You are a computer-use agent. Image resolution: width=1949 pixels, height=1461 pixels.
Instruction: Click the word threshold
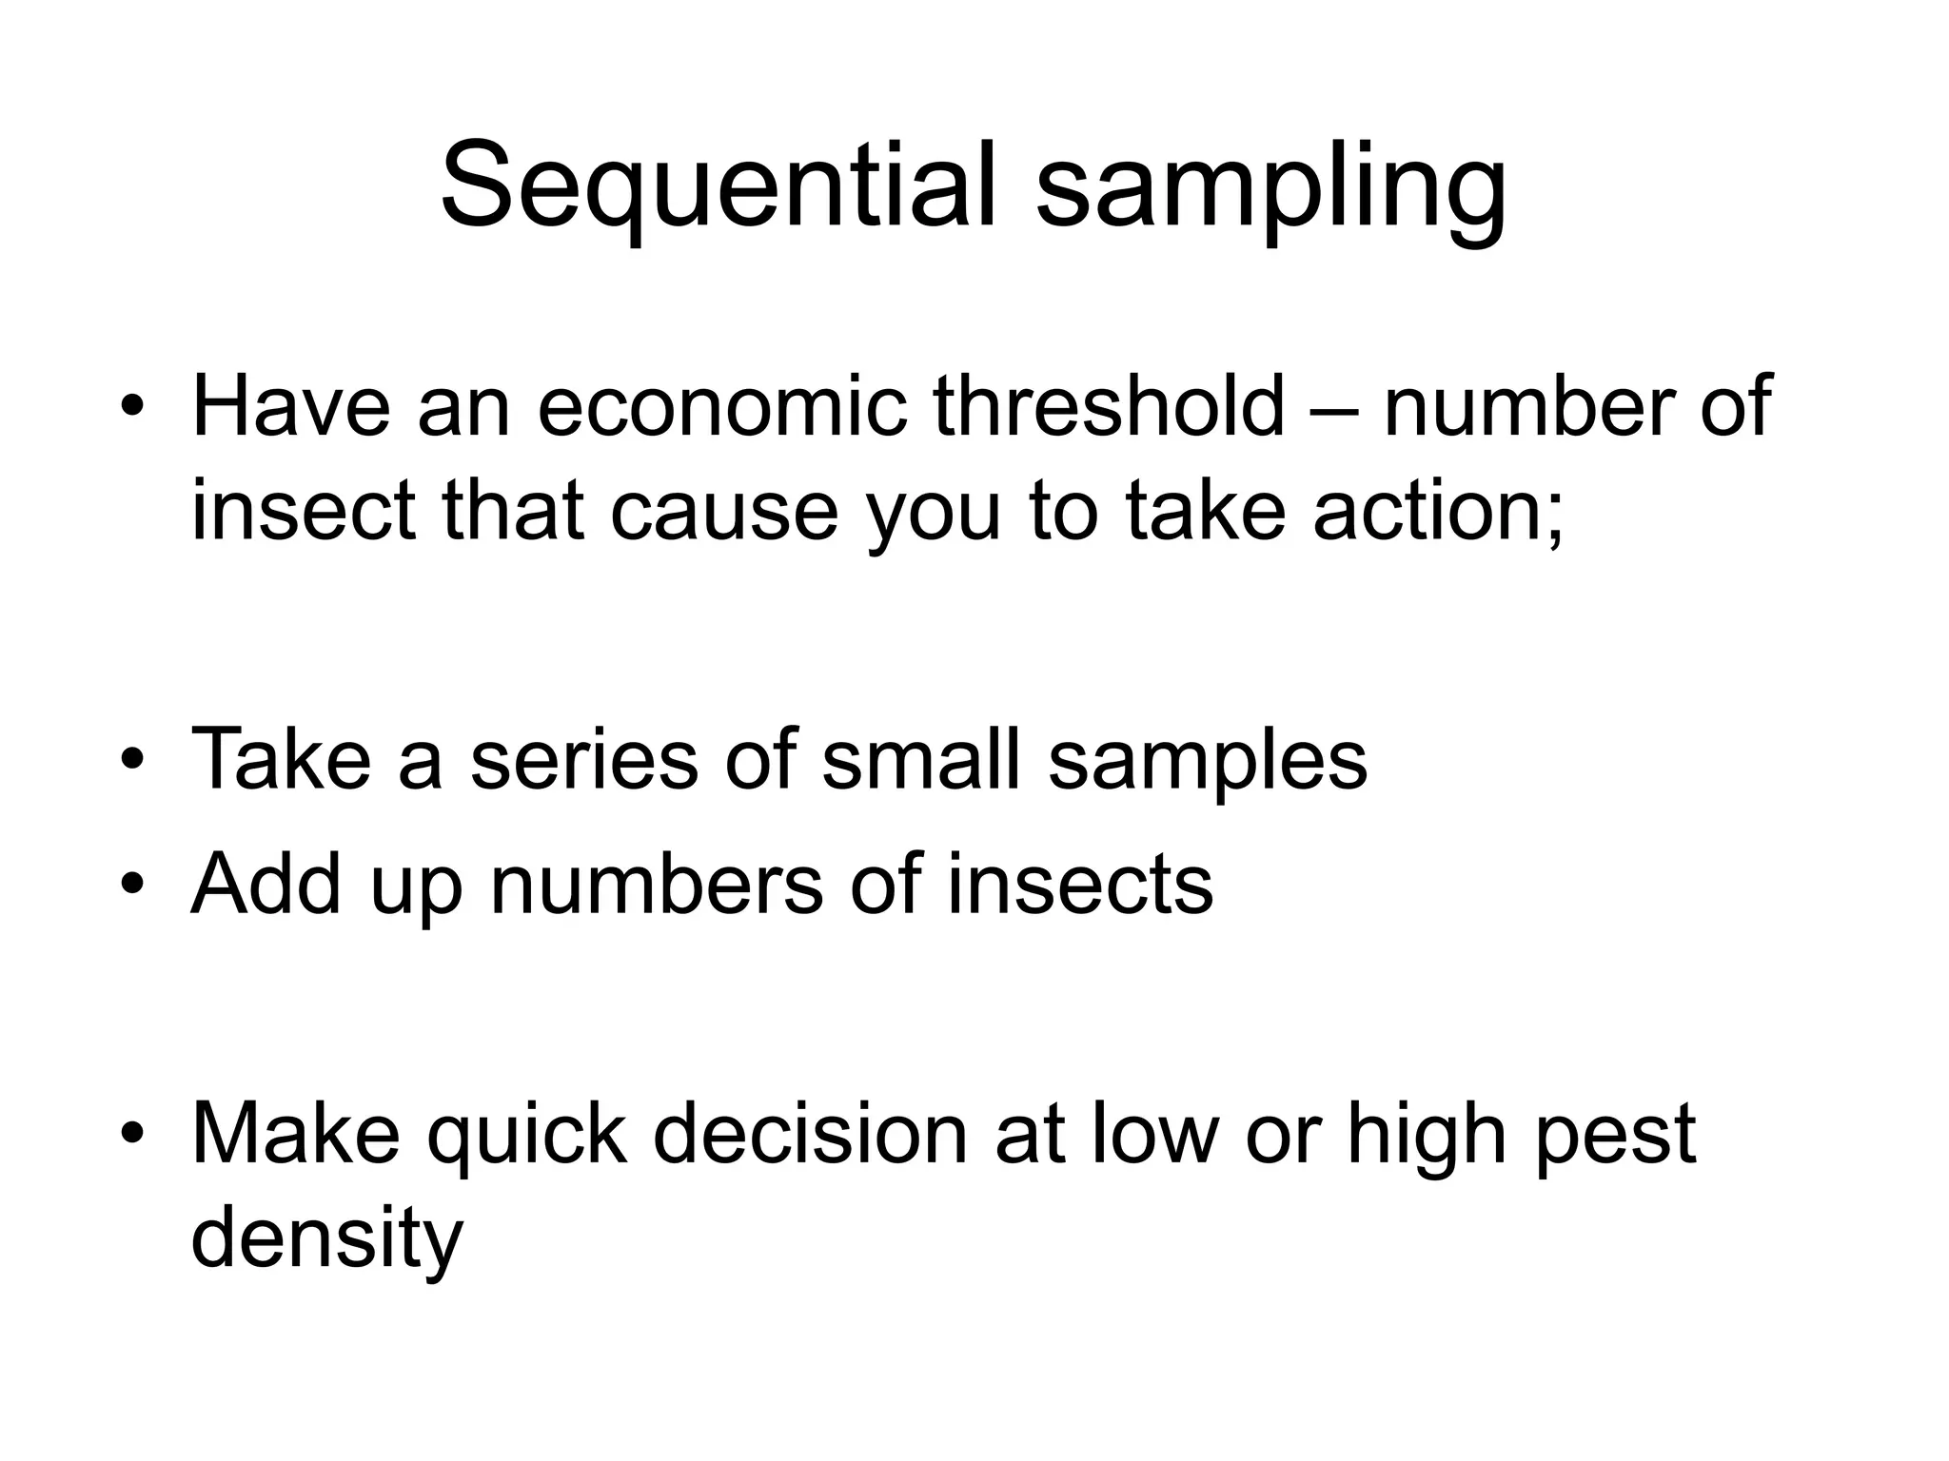click(x=1109, y=407)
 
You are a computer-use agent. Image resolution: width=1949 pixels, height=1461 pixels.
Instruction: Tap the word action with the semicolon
click(x=1438, y=512)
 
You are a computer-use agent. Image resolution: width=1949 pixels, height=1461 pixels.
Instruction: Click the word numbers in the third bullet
click(x=656, y=884)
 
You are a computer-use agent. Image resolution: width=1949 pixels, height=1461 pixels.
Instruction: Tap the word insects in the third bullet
click(x=1080, y=884)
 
